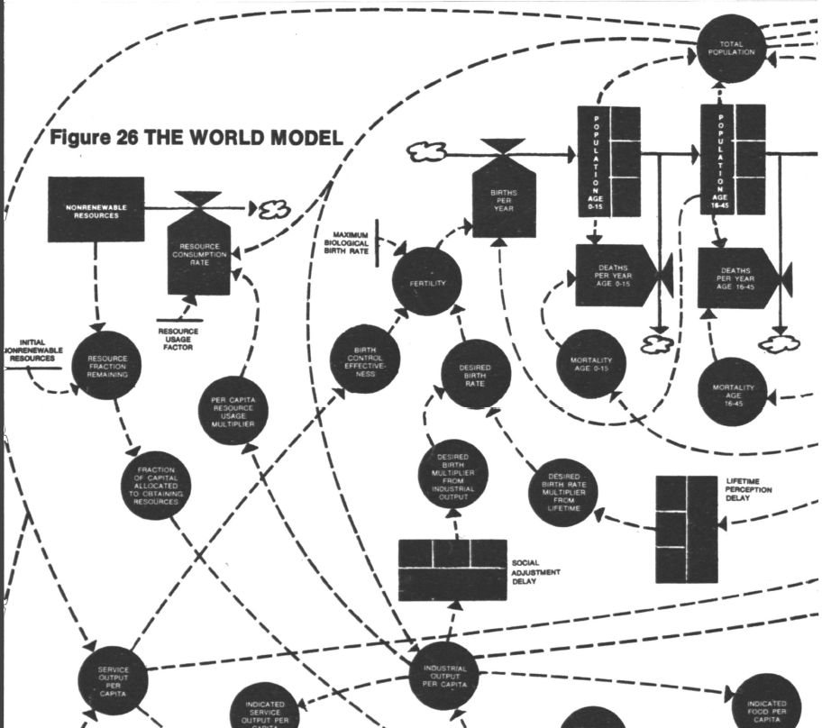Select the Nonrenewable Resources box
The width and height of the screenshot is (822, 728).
click(96, 209)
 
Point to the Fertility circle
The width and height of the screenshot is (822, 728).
click(428, 281)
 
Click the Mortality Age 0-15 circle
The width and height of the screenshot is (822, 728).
click(591, 363)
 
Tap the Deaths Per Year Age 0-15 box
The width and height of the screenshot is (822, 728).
click(617, 275)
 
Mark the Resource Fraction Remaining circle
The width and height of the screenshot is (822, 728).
click(106, 363)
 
